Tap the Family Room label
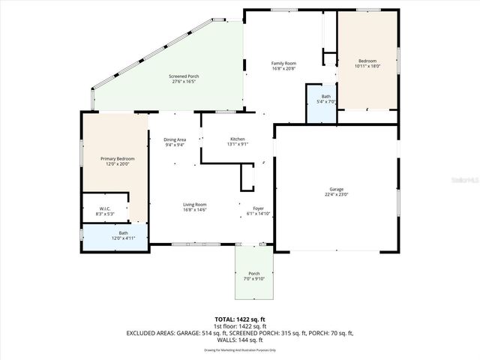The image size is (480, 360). pyautogui.click(x=283, y=63)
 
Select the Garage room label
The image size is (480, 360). pyautogui.click(x=336, y=188)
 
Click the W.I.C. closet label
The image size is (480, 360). pyautogui.click(x=106, y=208)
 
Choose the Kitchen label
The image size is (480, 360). pyautogui.click(x=238, y=139)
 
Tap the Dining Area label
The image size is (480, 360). pyautogui.click(x=175, y=139)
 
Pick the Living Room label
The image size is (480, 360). pyautogui.click(x=196, y=205)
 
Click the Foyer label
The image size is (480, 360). pyautogui.click(x=257, y=208)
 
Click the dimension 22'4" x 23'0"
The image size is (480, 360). pyautogui.click(x=336, y=194)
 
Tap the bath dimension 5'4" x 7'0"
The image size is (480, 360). pyautogui.click(x=326, y=101)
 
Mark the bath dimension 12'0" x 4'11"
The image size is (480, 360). pyautogui.click(x=123, y=238)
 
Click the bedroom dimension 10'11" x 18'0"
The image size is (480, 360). pyautogui.click(x=367, y=66)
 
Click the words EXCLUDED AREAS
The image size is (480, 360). pyautogui.click(x=151, y=332)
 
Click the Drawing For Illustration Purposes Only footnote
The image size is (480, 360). pyautogui.click(x=240, y=349)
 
